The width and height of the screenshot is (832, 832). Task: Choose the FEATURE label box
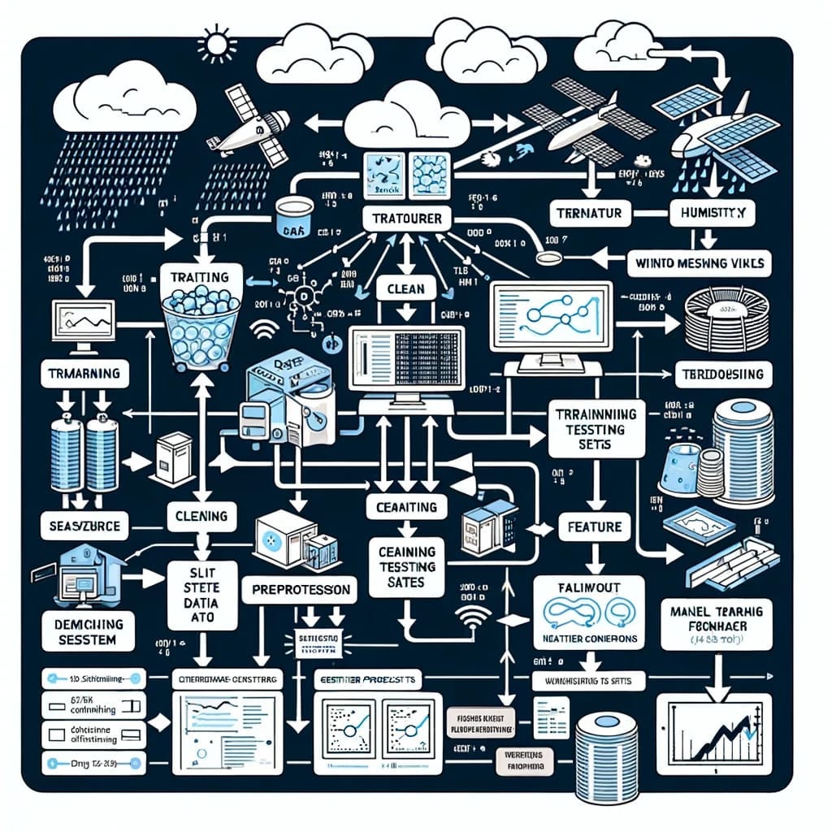[x=595, y=526]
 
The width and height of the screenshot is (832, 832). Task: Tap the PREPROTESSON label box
[x=300, y=587]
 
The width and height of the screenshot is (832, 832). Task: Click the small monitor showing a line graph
[x=84, y=323]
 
